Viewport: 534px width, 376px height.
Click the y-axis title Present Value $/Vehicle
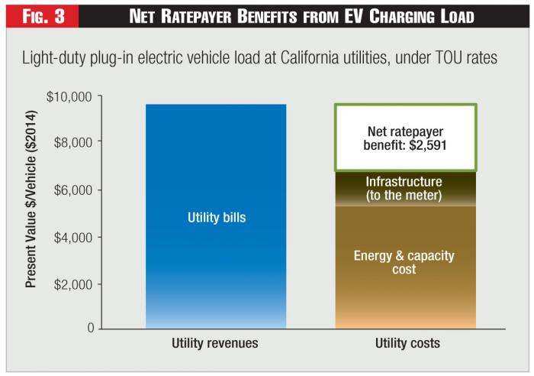click(x=34, y=212)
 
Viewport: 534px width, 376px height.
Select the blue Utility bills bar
click(x=216, y=260)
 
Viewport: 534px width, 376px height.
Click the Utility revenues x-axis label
click(x=216, y=344)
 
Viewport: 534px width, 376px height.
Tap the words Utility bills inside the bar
click(x=216, y=218)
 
